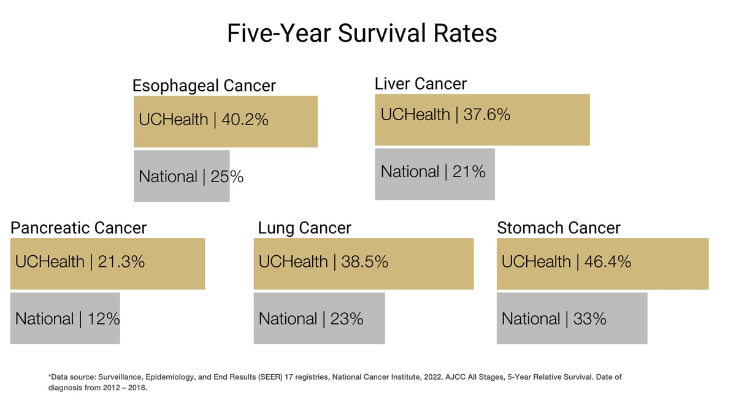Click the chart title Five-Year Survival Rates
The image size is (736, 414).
tap(362, 33)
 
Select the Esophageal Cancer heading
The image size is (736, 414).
tap(204, 85)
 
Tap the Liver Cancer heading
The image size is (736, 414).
tap(421, 83)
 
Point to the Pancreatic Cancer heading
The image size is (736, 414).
tap(79, 228)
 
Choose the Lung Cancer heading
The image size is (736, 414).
tap(304, 228)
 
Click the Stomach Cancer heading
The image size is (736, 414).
tap(558, 228)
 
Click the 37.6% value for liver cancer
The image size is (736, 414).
tap(486, 114)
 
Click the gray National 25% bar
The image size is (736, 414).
tap(182, 177)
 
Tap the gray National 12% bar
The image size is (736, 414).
tap(65, 318)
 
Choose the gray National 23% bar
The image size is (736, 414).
tap(319, 318)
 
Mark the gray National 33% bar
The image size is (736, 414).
tap(572, 318)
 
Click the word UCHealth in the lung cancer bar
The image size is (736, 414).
tap(293, 262)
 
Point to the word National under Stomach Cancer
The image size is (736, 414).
tap(531, 319)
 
